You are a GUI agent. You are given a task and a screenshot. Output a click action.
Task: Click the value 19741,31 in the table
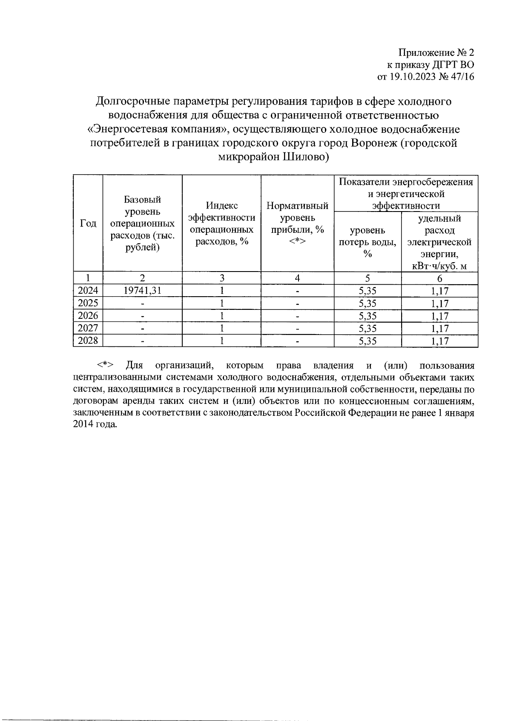coord(142,291)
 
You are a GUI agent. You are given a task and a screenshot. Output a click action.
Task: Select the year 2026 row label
coord(88,315)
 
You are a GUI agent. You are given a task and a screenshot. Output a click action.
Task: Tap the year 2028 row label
coord(88,340)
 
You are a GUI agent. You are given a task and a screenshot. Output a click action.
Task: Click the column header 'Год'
coord(88,223)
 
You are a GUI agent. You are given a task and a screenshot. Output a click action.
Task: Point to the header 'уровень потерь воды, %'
coord(367,242)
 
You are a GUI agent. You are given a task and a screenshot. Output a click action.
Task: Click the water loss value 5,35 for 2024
coord(367,291)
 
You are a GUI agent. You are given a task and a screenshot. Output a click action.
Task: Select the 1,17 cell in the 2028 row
coord(439,341)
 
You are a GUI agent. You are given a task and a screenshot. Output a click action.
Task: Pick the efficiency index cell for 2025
coord(221,303)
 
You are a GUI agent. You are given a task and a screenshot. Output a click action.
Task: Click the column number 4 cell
coord(297,278)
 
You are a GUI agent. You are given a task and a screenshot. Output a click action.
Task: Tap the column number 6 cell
coord(439,278)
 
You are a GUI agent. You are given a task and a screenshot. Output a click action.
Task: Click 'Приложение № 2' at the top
coord(436,53)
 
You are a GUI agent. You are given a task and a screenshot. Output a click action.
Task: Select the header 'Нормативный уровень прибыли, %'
coord(297,223)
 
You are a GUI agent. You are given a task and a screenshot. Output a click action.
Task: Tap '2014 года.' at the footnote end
coord(95,425)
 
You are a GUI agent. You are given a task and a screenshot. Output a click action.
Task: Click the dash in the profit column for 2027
coord(297,329)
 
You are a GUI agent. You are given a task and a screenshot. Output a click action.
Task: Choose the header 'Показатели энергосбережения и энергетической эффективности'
coord(405,194)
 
